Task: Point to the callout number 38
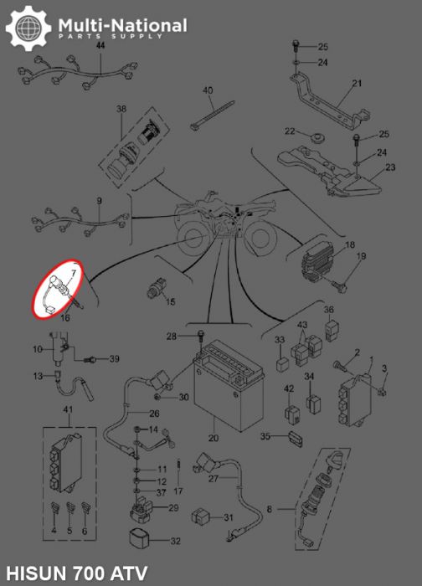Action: click(121, 110)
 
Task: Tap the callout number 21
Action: click(357, 83)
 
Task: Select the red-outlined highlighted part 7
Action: click(59, 290)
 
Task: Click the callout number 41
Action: click(69, 409)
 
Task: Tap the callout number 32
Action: click(175, 542)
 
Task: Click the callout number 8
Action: click(269, 509)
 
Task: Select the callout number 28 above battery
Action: click(171, 337)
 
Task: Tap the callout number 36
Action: click(329, 310)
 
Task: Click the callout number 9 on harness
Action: click(99, 201)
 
